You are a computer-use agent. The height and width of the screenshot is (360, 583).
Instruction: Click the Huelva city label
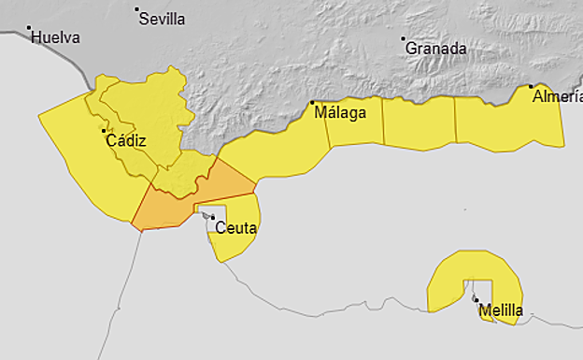[55, 38]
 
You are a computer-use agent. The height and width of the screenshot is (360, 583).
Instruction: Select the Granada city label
[435, 48]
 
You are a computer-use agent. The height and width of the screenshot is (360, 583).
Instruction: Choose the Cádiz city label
[126, 141]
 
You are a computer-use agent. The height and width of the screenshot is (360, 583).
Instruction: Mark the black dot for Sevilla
[137, 10]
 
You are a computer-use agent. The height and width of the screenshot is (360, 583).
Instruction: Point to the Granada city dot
[404, 39]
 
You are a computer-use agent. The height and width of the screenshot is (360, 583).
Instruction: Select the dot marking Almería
[532, 87]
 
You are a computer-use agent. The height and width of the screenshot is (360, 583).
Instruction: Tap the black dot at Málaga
[312, 103]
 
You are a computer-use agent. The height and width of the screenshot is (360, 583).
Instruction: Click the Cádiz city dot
[104, 132]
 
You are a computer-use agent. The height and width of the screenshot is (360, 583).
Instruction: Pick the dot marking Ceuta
[213, 218]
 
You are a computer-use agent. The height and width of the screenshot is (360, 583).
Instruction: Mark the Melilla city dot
[476, 300]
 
